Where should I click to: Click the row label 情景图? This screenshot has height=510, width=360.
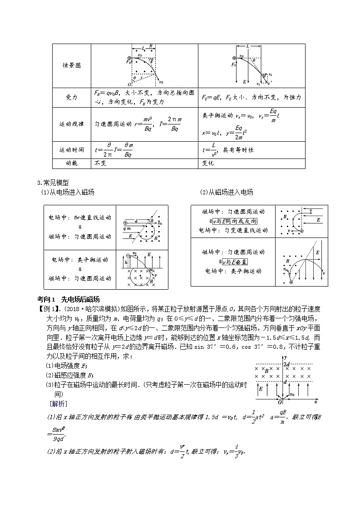(71, 65)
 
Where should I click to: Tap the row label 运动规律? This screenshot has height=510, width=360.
(71, 124)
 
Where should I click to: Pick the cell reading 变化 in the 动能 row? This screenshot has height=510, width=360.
(207, 163)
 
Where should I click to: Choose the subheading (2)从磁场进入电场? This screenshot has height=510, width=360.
(227, 192)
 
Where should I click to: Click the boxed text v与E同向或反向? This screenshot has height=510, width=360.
(235, 221)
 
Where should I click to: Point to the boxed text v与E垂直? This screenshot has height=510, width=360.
(235, 262)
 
